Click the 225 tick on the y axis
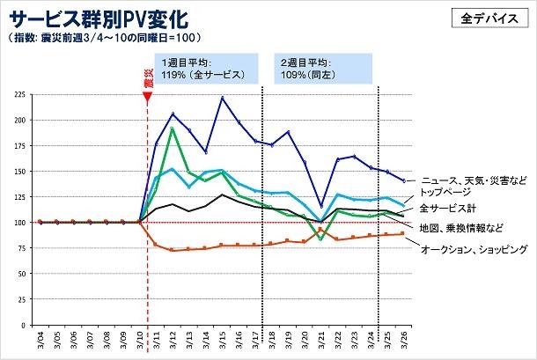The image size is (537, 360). (20, 93)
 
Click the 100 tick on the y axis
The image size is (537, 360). (20, 222)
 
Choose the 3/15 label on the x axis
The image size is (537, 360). (223, 341)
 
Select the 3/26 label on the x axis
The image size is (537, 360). (404, 341)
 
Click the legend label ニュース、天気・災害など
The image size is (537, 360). (474, 179)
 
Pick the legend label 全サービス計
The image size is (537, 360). (448, 208)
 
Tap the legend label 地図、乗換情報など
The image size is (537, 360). (461, 228)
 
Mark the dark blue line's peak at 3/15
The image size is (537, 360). (223, 98)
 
